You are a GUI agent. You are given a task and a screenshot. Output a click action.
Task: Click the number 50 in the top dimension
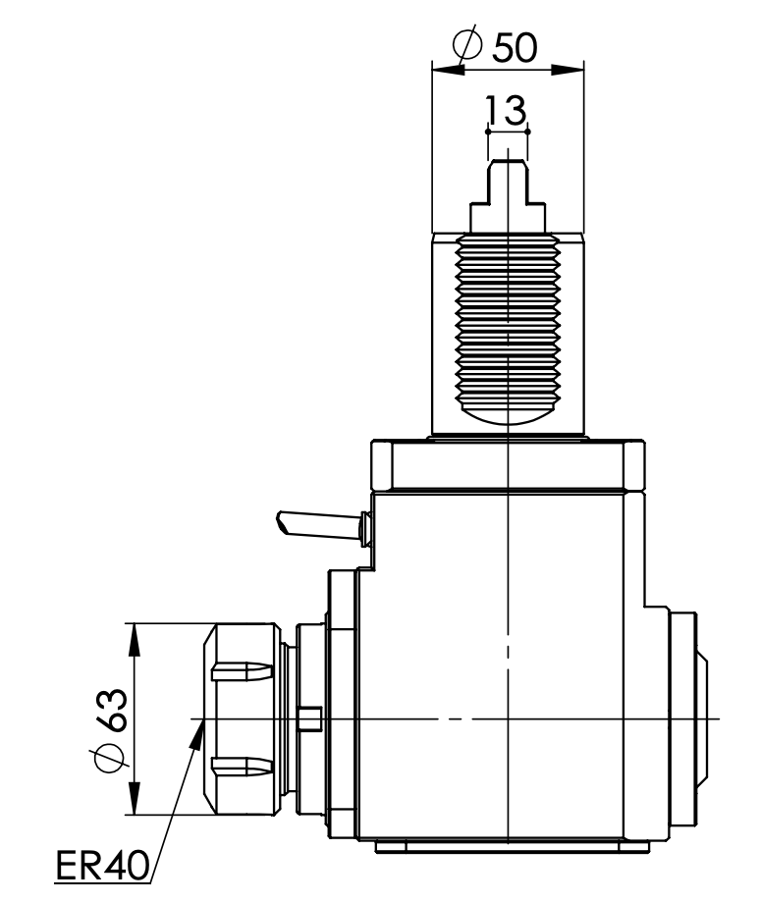[x=515, y=46]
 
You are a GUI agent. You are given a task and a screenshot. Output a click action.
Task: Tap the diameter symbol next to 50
[x=468, y=45]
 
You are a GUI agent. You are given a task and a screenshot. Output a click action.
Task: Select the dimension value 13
[x=507, y=109]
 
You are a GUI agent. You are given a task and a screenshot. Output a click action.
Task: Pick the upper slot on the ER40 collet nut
[x=238, y=672]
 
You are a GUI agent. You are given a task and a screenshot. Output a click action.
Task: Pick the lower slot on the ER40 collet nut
[x=238, y=765]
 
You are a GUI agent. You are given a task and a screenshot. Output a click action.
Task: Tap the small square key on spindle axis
[x=310, y=718]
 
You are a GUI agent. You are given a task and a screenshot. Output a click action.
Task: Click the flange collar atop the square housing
[x=507, y=467]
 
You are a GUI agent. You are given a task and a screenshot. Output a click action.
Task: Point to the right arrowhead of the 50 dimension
[x=571, y=68]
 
